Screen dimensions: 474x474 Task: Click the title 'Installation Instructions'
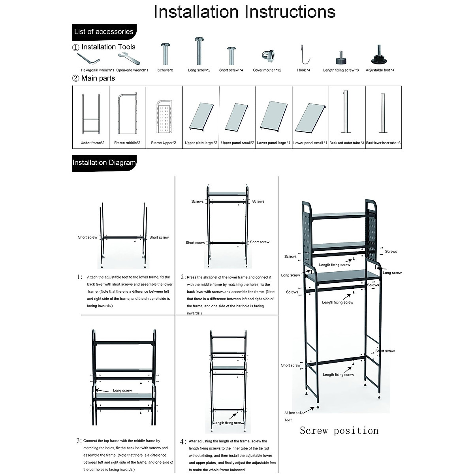point(245,11)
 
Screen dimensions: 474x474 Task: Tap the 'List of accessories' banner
point(103,32)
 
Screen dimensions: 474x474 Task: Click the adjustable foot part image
point(380,56)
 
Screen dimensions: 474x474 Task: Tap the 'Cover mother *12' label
point(267,70)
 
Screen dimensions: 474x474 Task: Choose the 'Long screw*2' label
point(199,70)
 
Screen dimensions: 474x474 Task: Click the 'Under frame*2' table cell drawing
point(90,115)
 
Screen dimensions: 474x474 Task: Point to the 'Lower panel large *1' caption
point(274,143)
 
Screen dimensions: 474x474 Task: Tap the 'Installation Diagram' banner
point(104,162)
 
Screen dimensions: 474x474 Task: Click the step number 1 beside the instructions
point(80,277)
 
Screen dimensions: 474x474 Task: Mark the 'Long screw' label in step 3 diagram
point(122,391)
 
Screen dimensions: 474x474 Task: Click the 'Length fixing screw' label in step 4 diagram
point(229,423)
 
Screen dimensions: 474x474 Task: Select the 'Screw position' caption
point(339,431)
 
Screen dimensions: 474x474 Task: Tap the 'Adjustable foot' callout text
point(293,416)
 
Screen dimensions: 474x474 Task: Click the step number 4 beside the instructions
point(183,442)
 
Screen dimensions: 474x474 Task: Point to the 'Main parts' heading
point(98,78)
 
